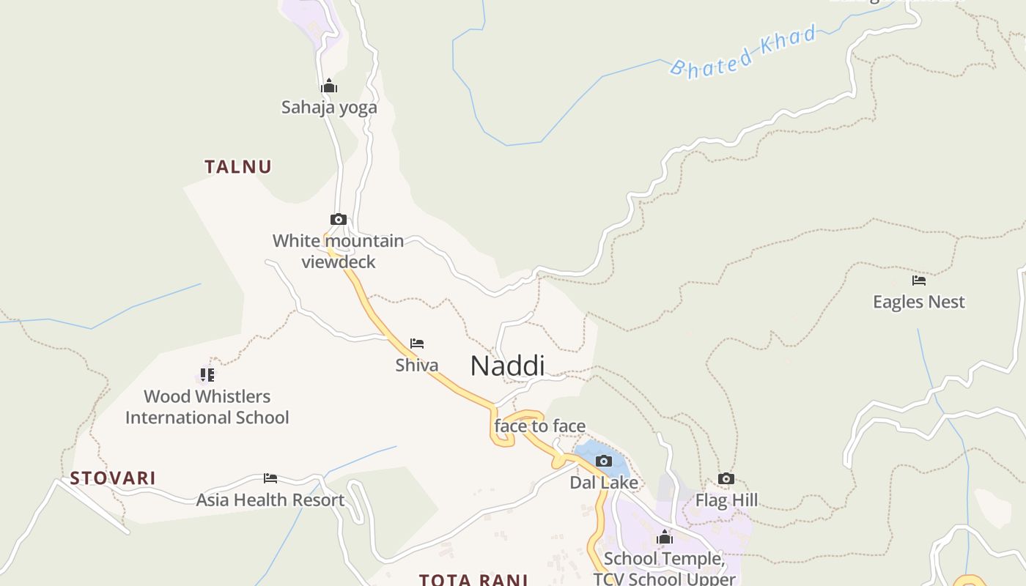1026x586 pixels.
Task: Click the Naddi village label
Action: pyautogui.click(x=507, y=366)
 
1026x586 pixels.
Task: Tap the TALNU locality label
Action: pyautogui.click(x=238, y=167)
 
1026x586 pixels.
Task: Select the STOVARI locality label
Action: pyautogui.click(x=113, y=478)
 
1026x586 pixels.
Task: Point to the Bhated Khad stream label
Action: pyautogui.click(x=743, y=51)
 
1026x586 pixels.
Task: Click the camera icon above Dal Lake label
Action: pyautogui.click(x=604, y=461)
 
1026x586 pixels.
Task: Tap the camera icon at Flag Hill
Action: pyautogui.click(x=726, y=479)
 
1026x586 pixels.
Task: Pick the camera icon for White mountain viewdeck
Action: pyautogui.click(x=338, y=219)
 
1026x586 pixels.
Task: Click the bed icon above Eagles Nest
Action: pyautogui.click(x=919, y=281)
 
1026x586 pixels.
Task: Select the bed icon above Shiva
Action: pyautogui.click(x=417, y=344)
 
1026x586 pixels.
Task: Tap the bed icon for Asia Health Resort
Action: pyautogui.click(x=270, y=478)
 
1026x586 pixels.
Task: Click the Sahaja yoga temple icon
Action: pyautogui.click(x=329, y=86)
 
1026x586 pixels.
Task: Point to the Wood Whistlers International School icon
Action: pyautogui.click(x=207, y=375)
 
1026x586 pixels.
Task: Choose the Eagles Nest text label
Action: pyautogui.click(x=919, y=302)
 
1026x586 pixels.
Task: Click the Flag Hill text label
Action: pyautogui.click(x=726, y=501)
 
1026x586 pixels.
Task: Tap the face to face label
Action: pyautogui.click(x=540, y=426)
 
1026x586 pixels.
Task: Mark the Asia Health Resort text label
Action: pyautogui.click(x=270, y=500)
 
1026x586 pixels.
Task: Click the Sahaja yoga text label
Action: pyautogui.click(x=329, y=108)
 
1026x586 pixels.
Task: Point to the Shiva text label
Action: pyautogui.click(x=417, y=366)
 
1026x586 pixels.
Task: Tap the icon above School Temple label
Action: pyautogui.click(x=665, y=538)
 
